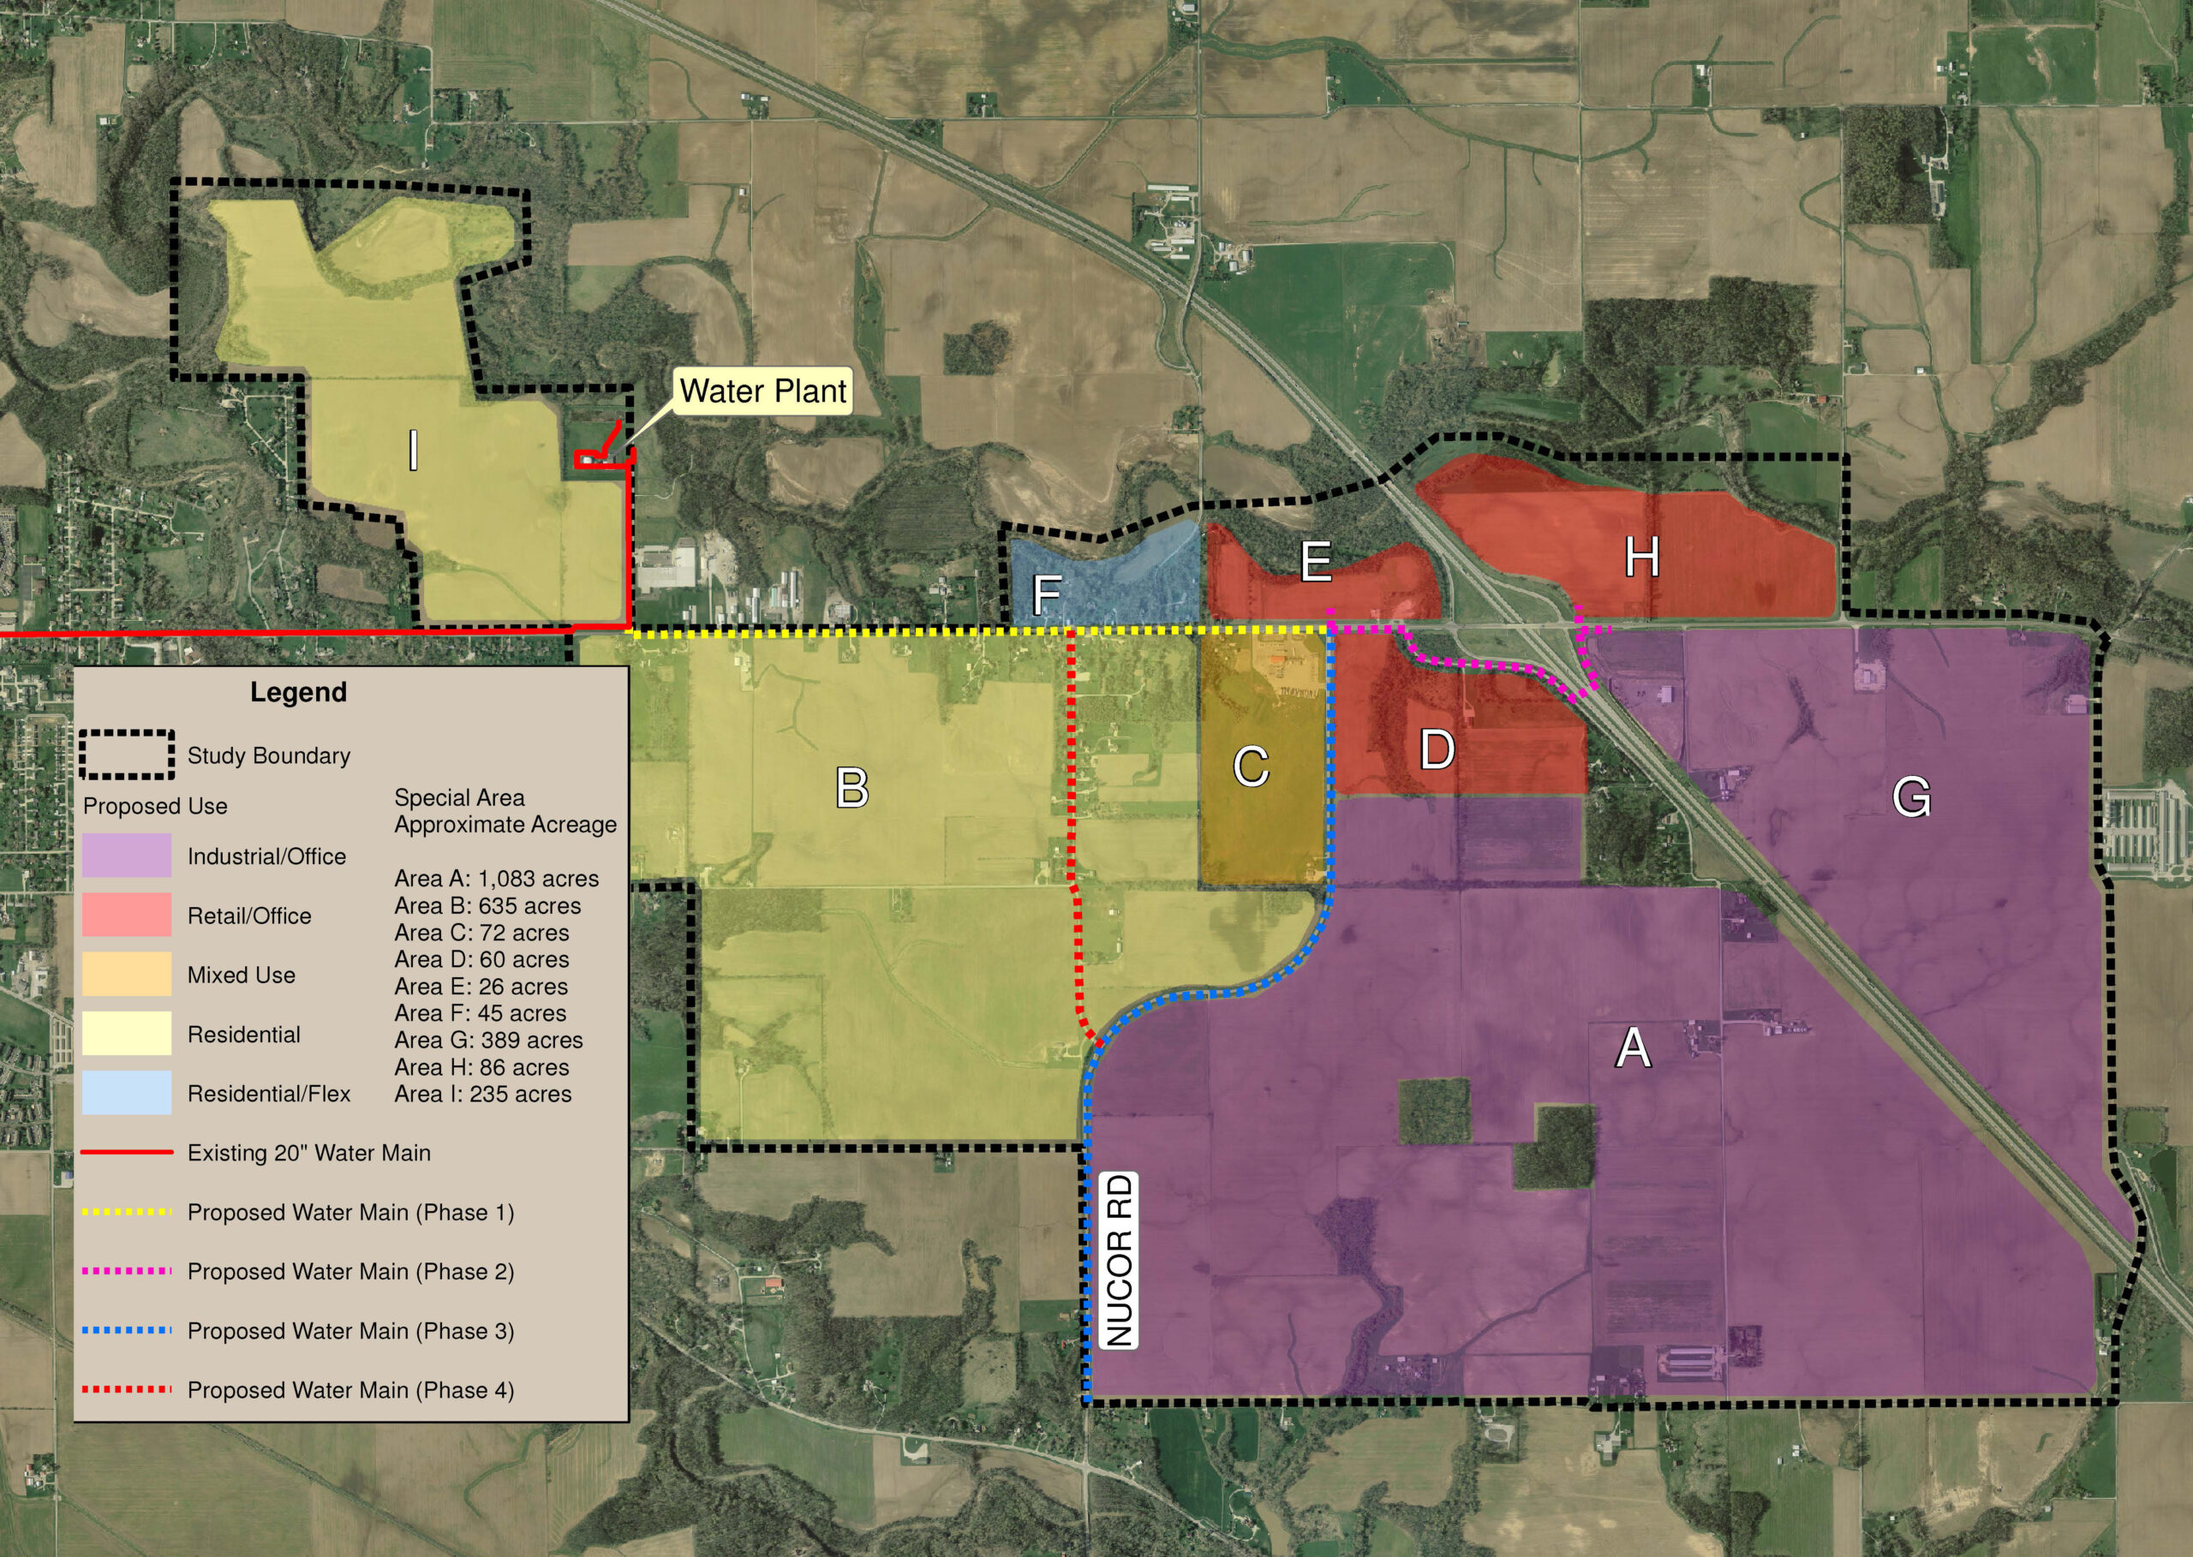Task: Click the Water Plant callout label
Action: pyautogui.click(x=762, y=391)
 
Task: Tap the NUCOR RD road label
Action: pyautogui.click(x=1119, y=1261)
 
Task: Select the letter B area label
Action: pyautogui.click(x=852, y=788)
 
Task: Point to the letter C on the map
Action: pyautogui.click(x=1251, y=767)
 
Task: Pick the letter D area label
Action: pyautogui.click(x=1437, y=749)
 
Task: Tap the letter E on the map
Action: pyautogui.click(x=1316, y=562)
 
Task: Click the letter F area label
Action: pyautogui.click(x=1046, y=594)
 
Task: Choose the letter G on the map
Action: pyautogui.click(x=1911, y=796)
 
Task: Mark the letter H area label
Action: pyautogui.click(x=1641, y=557)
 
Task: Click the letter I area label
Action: pyautogui.click(x=413, y=450)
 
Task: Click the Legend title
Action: pyautogui.click(x=298, y=692)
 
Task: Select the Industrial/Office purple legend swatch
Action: pyautogui.click(x=127, y=856)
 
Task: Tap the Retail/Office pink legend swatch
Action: pyautogui.click(x=127, y=915)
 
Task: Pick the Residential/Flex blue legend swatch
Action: pyautogui.click(x=127, y=1093)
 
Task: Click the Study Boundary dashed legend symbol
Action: pyautogui.click(x=127, y=755)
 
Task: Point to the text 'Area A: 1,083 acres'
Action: pyautogui.click(x=496, y=878)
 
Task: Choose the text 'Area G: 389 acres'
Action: pyautogui.click(x=488, y=1041)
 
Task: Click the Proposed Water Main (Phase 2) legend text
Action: pyautogui.click(x=350, y=1271)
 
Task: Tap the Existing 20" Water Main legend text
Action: pyautogui.click(x=308, y=1153)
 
